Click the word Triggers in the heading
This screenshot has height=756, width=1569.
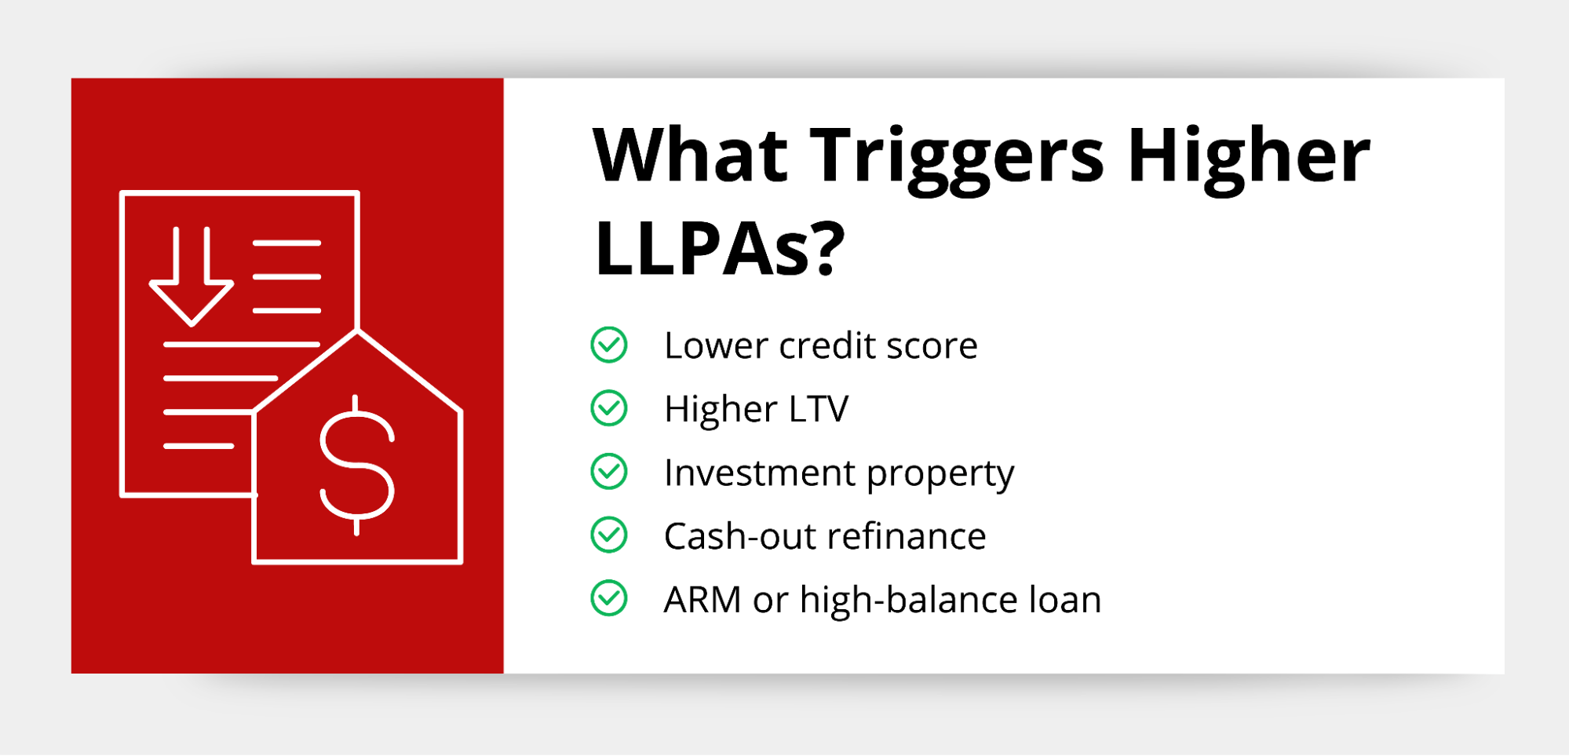coord(957,159)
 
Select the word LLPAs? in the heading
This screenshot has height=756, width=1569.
coord(720,249)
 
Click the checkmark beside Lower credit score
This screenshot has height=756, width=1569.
coord(609,345)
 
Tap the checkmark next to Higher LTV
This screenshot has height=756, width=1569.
coord(609,408)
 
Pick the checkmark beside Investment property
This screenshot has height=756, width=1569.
coord(609,472)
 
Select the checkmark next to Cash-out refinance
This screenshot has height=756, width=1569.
coord(609,535)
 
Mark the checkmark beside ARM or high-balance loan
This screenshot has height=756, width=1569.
coord(609,599)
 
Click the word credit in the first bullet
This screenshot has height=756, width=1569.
coord(826,345)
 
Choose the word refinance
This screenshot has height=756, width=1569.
coord(907,536)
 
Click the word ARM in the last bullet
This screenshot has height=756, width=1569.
coord(702,600)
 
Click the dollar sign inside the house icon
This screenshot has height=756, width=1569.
coord(357,465)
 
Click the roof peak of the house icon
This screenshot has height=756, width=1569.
coord(357,332)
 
